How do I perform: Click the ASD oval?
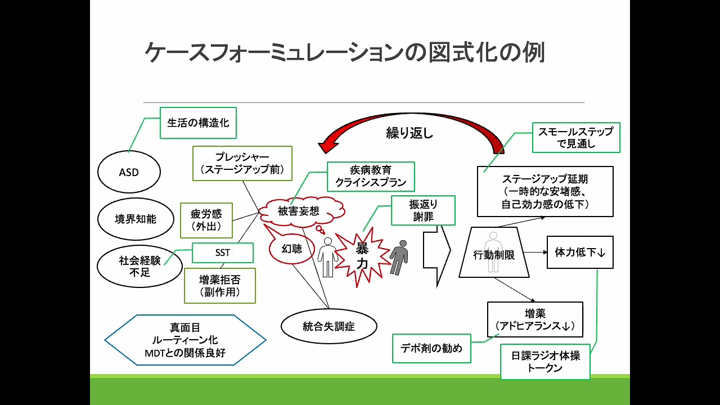[x=129, y=172]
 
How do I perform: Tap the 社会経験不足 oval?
[x=139, y=267]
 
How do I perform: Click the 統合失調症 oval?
[x=328, y=326]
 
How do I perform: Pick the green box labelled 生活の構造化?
[x=198, y=123]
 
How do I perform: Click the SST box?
[x=223, y=253]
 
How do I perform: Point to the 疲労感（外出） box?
[x=206, y=220]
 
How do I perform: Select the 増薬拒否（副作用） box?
[x=220, y=285]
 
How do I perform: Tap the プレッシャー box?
[x=242, y=163]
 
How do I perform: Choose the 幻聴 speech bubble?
[x=292, y=248]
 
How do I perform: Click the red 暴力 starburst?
[x=362, y=257]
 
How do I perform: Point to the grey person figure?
[x=399, y=256]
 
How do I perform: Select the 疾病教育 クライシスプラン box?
[x=371, y=177]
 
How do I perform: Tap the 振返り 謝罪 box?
[x=423, y=210]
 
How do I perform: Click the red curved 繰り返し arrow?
[x=411, y=124]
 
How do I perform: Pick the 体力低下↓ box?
[x=580, y=253]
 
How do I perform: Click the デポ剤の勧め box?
[x=431, y=348]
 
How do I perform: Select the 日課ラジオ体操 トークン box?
[x=545, y=362]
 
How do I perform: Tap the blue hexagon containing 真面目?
[x=185, y=340]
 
